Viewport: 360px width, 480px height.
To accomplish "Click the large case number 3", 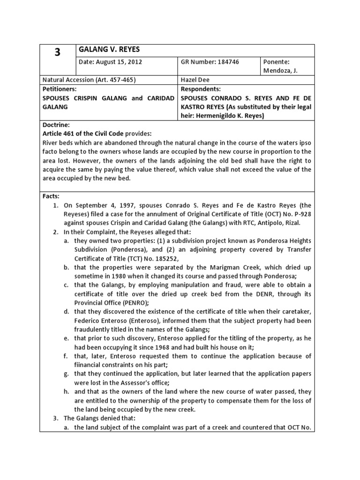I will pos(58,52).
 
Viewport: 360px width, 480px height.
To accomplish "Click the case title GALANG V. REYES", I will pos(110,50).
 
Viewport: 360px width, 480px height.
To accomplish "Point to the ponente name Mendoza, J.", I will pos(280,71).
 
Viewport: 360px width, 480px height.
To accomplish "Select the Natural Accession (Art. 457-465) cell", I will pos(89,80).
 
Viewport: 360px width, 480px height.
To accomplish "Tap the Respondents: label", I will pos(201,89).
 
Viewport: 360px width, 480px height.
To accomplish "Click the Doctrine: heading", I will pos(56,125).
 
